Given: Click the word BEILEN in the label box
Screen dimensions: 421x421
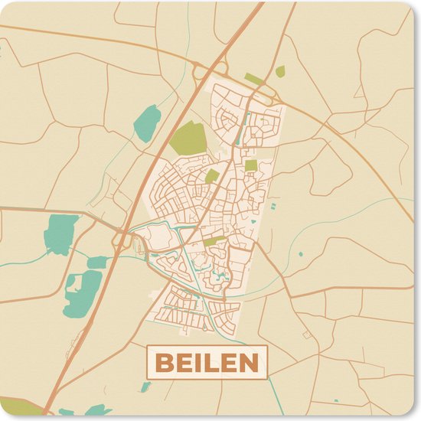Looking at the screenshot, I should coord(207,363).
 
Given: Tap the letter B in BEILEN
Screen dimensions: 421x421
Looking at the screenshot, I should coord(164,363).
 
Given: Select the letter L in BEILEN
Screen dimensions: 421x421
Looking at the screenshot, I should coord(214,363).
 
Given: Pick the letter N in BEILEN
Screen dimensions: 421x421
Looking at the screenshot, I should coord(247,363).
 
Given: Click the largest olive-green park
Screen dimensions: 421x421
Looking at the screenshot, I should coord(188,138).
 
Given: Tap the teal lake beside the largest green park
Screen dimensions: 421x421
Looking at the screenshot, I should coord(147,122).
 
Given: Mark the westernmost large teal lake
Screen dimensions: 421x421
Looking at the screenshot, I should coord(60,233).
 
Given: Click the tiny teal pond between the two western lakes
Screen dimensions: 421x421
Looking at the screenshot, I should coord(96,263).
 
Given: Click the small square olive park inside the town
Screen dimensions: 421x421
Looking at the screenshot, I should coord(251,165).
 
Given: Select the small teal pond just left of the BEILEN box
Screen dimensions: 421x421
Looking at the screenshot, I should coord(145,387).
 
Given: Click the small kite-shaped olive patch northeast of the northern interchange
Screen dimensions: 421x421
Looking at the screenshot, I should coord(280,71).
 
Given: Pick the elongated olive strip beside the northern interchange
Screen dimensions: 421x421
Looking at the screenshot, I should coord(253,79).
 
